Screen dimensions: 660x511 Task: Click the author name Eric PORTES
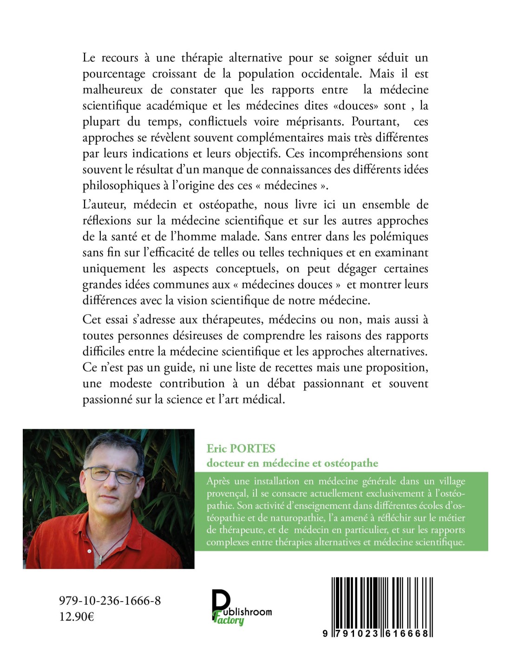241,448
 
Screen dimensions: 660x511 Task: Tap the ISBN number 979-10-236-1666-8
110,601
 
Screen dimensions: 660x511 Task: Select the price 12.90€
76,617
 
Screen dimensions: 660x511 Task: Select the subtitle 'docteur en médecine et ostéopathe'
292,463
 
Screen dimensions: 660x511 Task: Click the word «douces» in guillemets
356,106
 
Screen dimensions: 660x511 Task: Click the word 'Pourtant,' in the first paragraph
375,122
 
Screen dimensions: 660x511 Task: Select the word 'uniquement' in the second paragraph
114,269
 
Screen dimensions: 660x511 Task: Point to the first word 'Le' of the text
89,58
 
